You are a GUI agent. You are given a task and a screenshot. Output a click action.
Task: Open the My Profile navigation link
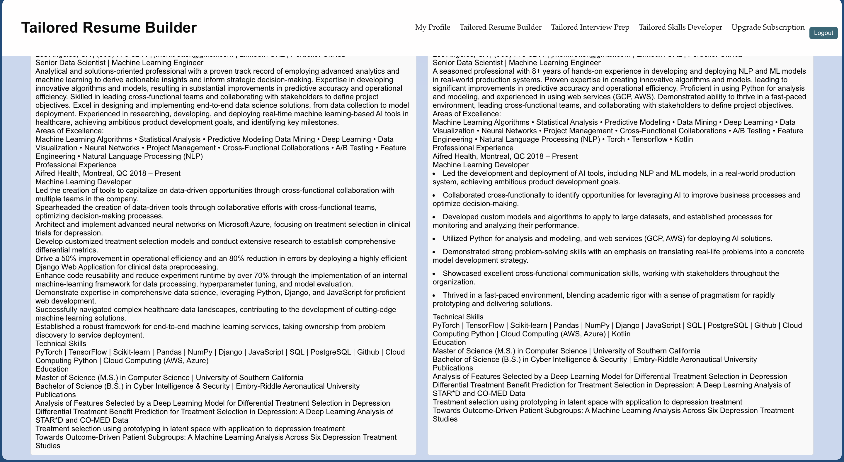click(433, 27)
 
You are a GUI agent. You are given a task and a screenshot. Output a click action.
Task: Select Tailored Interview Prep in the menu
click(590, 27)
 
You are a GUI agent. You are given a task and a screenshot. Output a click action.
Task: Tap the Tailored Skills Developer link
click(680, 27)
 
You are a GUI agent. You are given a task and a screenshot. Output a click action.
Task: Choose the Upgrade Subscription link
click(768, 27)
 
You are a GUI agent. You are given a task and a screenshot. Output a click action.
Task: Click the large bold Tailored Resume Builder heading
click(109, 28)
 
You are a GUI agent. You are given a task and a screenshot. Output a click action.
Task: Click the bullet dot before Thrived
click(434, 296)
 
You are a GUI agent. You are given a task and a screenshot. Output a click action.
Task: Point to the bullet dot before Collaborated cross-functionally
click(434, 195)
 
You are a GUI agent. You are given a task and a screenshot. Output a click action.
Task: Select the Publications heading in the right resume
click(452, 368)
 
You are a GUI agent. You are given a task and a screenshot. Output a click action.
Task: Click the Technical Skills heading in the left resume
click(61, 343)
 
